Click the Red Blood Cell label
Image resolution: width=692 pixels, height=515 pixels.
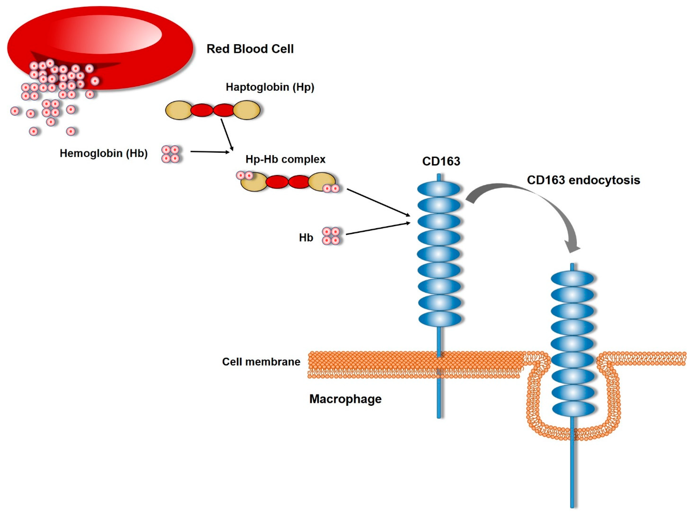point(250,49)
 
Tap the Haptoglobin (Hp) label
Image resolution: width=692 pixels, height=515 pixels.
point(270,87)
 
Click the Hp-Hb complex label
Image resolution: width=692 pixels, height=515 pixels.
point(285,159)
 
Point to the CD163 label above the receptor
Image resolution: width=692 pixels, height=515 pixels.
point(441,161)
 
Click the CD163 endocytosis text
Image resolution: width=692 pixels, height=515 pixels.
point(583,180)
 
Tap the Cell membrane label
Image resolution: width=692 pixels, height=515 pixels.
point(261,362)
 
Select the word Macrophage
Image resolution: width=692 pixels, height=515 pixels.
point(345,399)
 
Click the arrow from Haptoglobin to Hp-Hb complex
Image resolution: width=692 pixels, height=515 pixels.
point(227,134)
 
